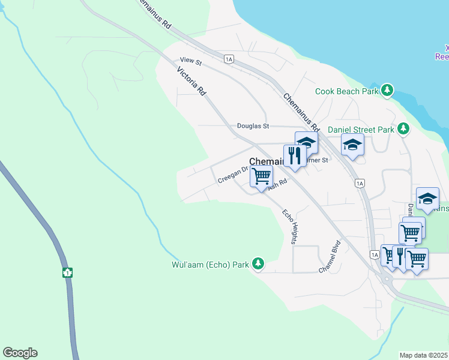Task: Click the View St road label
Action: click(x=191, y=61)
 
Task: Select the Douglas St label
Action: click(x=253, y=126)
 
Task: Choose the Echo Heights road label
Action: click(x=290, y=227)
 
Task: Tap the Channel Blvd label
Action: click(x=330, y=257)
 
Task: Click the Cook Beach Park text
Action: click(x=347, y=91)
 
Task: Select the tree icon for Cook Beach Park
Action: click(x=387, y=90)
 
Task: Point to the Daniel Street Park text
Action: click(x=361, y=130)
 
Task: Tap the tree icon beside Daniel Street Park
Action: click(x=403, y=128)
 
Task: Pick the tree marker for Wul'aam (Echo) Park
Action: click(x=258, y=263)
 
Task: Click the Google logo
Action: click(x=20, y=353)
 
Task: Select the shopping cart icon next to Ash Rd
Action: click(x=261, y=176)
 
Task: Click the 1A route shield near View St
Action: click(x=228, y=59)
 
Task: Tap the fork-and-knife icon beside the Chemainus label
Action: click(x=294, y=155)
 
